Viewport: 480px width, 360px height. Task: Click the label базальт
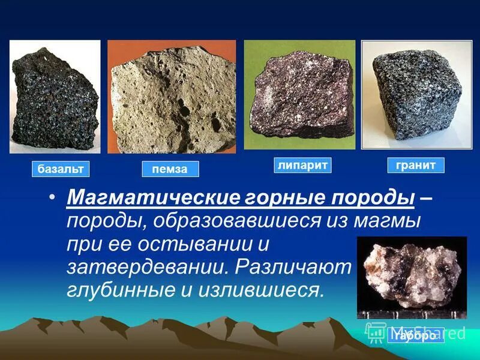(60, 169)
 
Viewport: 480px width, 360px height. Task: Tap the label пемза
(170, 169)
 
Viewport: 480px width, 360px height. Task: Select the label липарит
(303, 165)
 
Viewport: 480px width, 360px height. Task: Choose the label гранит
(415, 165)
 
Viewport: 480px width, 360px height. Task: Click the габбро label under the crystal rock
(416, 336)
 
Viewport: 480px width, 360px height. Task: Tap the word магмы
(389, 221)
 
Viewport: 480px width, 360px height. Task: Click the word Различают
(293, 268)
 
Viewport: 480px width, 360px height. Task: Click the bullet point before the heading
(53, 199)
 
